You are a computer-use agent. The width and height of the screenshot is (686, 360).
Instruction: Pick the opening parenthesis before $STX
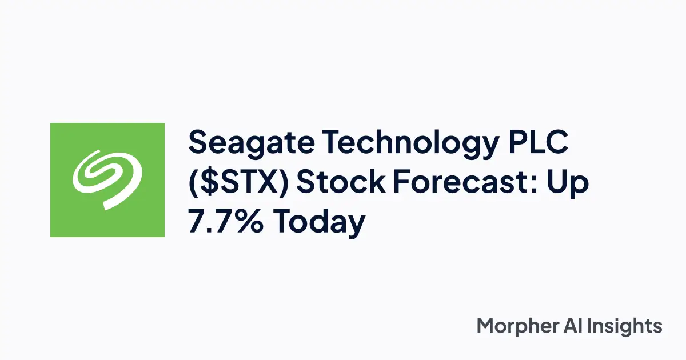tap(194, 184)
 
